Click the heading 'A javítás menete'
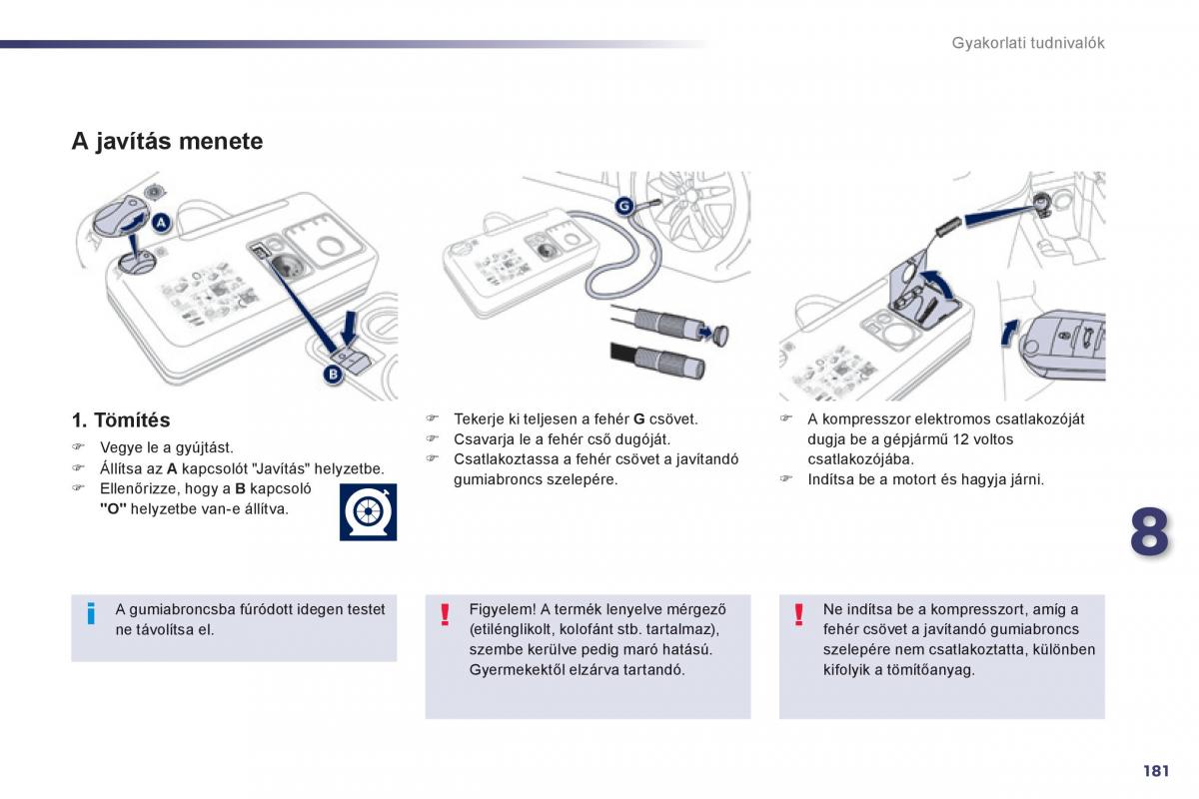[x=167, y=141]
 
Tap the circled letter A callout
[x=162, y=222]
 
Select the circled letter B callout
[x=332, y=375]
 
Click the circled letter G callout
[x=623, y=207]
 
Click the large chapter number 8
[x=1149, y=531]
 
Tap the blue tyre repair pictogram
[x=368, y=511]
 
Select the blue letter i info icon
[x=91, y=613]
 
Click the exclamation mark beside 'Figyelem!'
[x=445, y=614]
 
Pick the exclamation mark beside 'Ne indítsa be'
[x=798, y=614]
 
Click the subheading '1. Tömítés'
[x=120, y=420]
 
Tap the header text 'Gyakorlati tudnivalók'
[x=1027, y=43]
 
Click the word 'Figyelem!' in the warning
[x=503, y=609]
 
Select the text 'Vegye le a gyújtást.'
[x=166, y=448]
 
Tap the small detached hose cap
[x=718, y=334]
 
